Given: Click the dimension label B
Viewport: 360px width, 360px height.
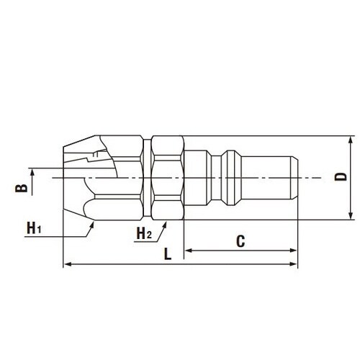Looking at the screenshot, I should pyautogui.click(x=22, y=189).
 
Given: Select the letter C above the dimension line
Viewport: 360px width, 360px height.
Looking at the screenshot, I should pyautogui.click(x=242, y=240).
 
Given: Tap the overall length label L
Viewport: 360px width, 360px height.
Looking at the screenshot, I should pyautogui.click(x=167, y=254).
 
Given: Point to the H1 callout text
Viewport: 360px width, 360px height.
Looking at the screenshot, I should pyautogui.click(x=35, y=228).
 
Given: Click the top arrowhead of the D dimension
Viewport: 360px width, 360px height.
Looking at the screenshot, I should pyautogui.click(x=350, y=138).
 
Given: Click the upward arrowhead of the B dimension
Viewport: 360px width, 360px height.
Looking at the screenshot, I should pyautogui.click(x=32, y=171).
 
